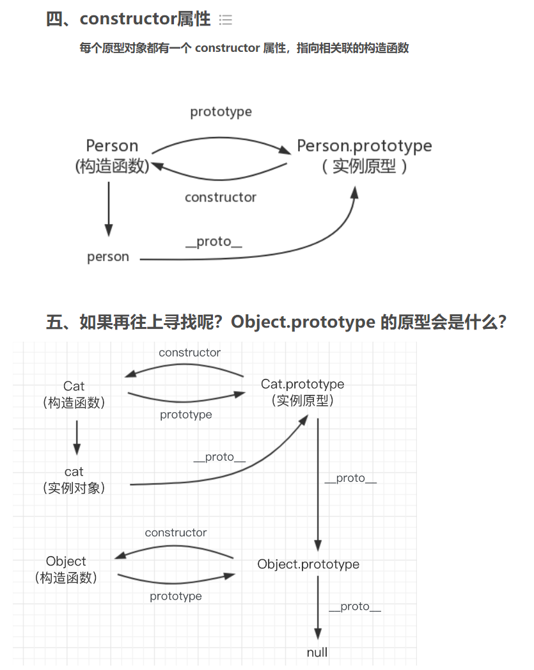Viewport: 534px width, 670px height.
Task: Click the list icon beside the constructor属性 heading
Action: [225, 20]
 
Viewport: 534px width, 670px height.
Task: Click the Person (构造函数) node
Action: [112, 156]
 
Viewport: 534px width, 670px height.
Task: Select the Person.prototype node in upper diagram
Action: [364, 156]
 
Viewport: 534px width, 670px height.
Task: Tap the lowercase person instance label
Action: [108, 257]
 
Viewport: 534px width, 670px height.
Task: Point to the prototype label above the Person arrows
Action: [221, 112]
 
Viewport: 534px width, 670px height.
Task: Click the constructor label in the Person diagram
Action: [221, 197]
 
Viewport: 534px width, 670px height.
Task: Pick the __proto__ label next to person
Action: [214, 241]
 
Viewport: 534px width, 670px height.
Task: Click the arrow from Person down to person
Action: [109, 209]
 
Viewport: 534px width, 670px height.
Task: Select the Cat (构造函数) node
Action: [74, 394]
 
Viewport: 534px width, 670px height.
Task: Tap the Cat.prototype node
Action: [302, 392]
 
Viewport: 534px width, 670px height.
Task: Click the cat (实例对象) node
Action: [74, 479]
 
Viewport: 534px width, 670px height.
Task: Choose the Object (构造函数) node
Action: [66, 569]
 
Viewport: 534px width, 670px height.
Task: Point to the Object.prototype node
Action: [308, 564]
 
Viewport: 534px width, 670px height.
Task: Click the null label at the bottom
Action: [317, 652]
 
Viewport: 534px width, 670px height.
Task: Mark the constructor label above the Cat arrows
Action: [189, 353]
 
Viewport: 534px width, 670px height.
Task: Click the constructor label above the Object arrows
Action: [176, 532]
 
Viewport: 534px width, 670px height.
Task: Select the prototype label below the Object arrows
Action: [176, 596]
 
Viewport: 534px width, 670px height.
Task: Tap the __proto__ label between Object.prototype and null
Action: [355, 607]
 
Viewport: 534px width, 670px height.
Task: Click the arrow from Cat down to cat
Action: [77, 436]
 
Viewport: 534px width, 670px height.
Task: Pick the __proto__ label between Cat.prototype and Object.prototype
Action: [350, 478]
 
